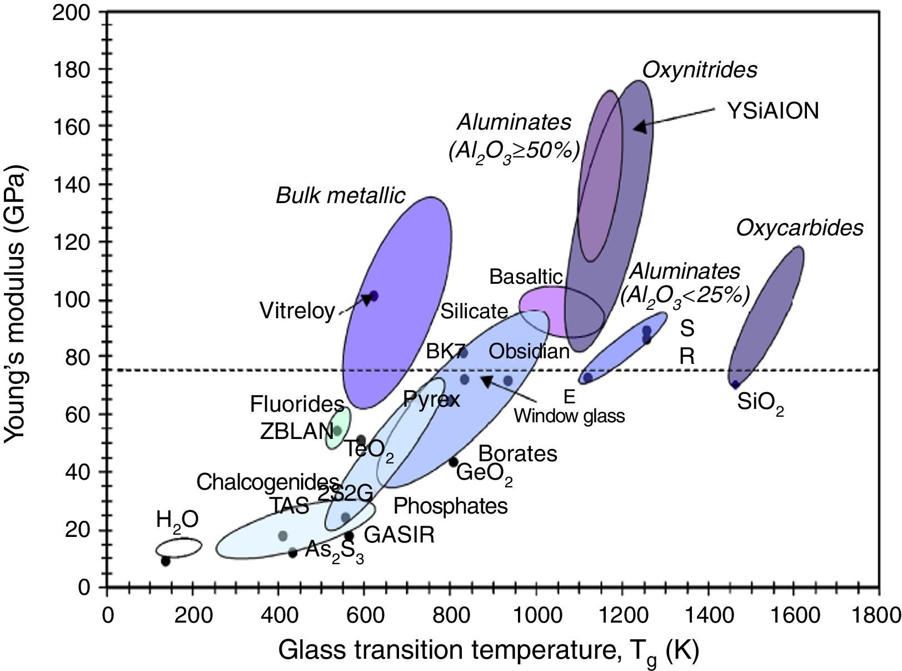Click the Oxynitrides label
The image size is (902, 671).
[700, 70]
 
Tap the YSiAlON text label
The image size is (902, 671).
[773, 111]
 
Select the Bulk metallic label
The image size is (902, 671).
[341, 196]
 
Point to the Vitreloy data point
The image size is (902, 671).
[373, 296]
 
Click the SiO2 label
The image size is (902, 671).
[760, 402]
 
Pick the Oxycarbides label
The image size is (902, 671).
[800, 228]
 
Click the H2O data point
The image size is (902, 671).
[166, 561]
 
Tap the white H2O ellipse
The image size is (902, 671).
[178, 547]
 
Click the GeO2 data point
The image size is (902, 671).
[454, 462]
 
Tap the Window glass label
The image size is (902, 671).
[569, 416]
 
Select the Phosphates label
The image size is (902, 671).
[450, 506]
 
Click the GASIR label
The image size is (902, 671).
[399, 535]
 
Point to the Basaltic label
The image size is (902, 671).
[526, 277]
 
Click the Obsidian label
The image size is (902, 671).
[529, 352]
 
